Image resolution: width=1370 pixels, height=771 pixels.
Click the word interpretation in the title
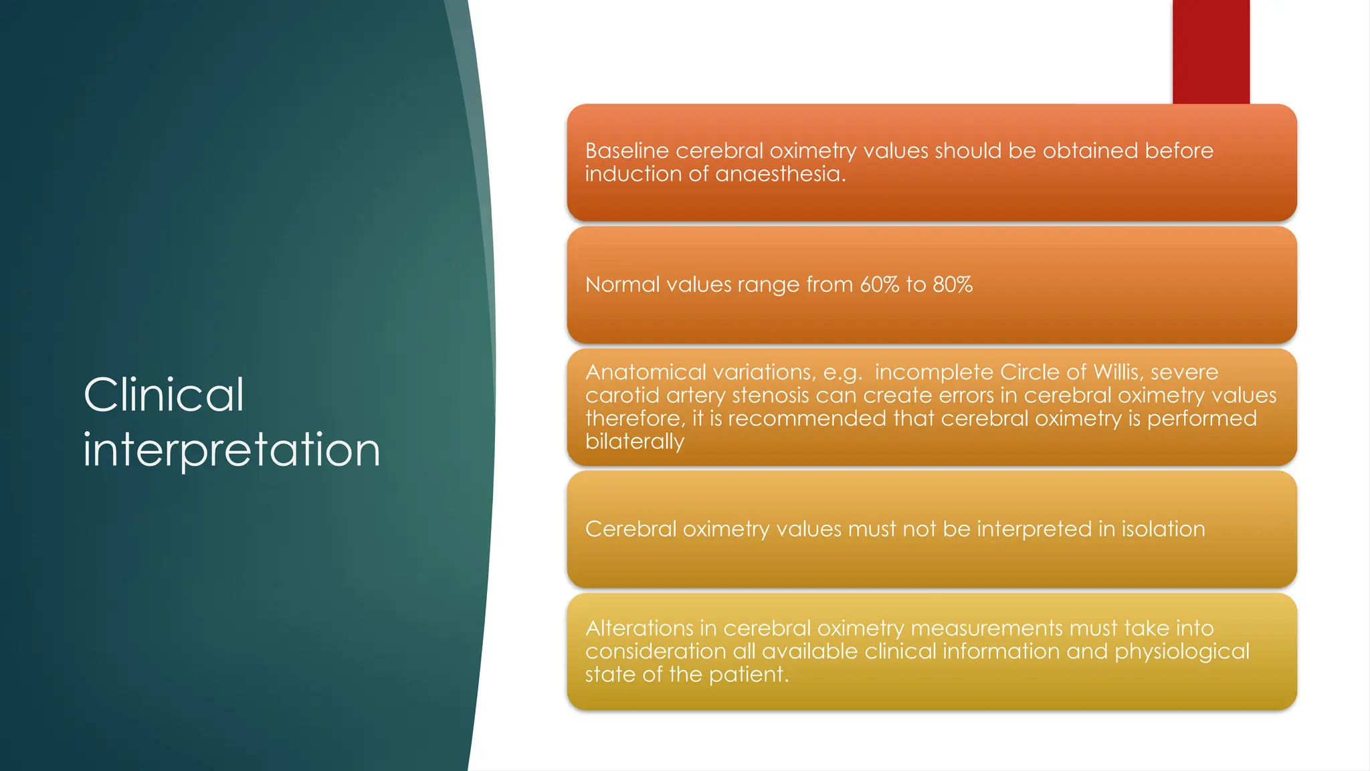pyautogui.click(x=231, y=450)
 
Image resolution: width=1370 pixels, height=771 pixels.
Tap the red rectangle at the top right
pyautogui.click(x=1211, y=51)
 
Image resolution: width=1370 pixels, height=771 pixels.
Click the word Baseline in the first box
pyautogui.click(x=627, y=151)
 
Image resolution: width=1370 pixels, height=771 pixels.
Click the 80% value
pyautogui.click(x=953, y=284)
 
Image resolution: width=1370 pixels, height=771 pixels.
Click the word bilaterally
pyautogui.click(x=634, y=442)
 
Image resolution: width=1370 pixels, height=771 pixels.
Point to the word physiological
pyautogui.click(x=1181, y=651)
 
